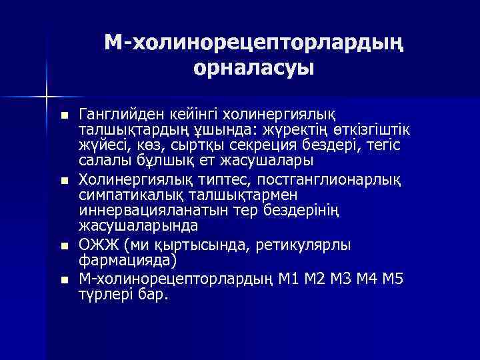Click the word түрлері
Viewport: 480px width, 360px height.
click(103, 294)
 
